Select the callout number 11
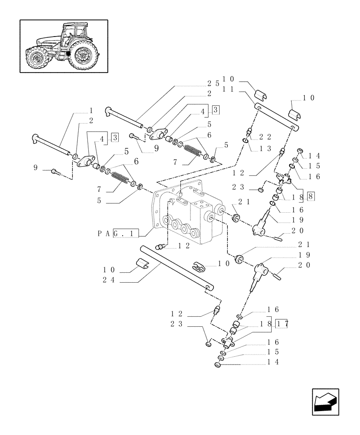click(x=228, y=89)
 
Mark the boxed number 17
click(x=283, y=324)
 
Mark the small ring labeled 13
click(x=245, y=141)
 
